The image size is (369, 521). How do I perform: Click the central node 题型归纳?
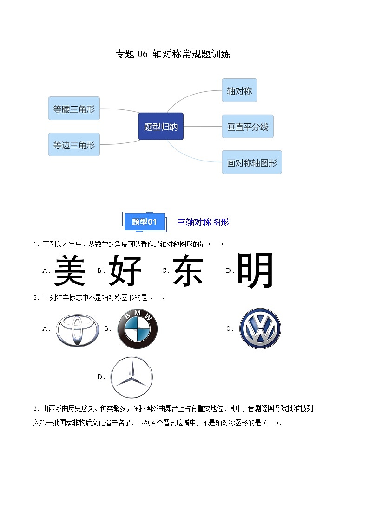[x=161, y=126]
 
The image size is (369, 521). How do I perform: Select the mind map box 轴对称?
[x=239, y=90]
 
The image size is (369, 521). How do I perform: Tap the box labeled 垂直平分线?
[x=247, y=126]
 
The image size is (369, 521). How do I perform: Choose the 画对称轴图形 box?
[x=251, y=162]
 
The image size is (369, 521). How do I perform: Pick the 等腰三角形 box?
[x=74, y=109]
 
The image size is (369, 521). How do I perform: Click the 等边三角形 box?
[x=74, y=145]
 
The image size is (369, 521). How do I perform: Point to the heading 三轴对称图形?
[x=203, y=222]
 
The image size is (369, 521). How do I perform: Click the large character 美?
[x=70, y=270]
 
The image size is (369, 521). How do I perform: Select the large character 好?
[x=125, y=270]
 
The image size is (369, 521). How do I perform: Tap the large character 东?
[x=188, y=270]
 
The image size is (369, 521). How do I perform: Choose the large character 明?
[x=255, y=270]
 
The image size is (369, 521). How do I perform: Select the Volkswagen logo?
[x=260, y=328]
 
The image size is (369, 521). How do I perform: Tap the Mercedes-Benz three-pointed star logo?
[x=132, y=377]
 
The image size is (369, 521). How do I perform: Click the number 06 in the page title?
[x=142, y=54]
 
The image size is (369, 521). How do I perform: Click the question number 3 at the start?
[x=35, y=409]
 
